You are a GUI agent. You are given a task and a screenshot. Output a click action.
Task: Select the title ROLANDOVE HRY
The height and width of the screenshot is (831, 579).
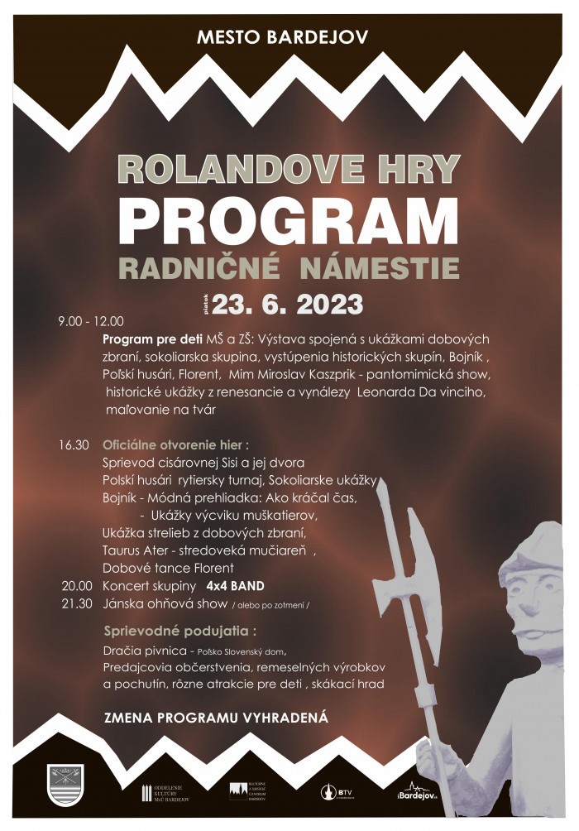point(289,169)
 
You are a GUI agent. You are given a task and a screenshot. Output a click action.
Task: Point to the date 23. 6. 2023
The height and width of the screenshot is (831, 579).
point(288,304)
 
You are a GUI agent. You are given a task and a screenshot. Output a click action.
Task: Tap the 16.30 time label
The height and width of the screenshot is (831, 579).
point(74,444)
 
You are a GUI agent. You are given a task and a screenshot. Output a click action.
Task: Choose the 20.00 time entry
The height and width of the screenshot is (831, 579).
point(76,586)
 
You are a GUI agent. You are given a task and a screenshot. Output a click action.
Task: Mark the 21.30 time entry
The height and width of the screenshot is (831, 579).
point(76,604)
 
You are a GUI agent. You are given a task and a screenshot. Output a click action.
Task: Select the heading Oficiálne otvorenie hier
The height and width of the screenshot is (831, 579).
point(172,444)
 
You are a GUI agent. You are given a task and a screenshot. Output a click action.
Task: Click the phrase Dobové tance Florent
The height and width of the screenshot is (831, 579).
point(168,568)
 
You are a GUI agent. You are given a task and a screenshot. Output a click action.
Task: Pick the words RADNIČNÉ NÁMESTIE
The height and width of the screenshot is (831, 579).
point(289,267)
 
